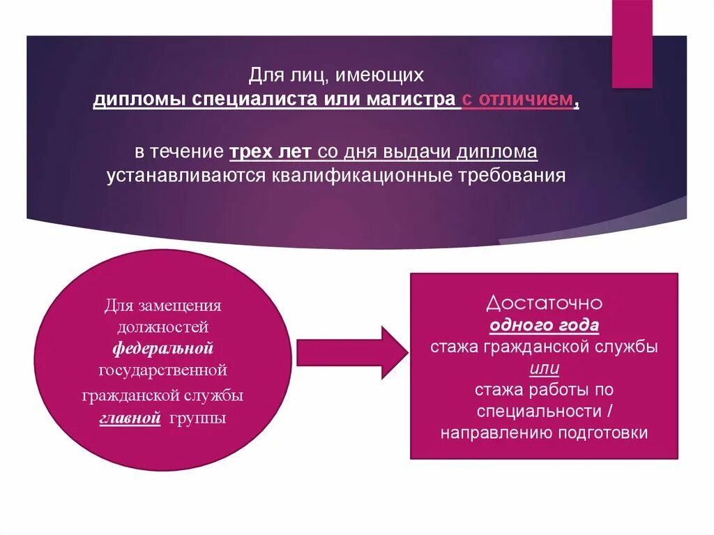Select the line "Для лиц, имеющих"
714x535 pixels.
tap(336, 73)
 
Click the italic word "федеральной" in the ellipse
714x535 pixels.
tap(162, 347)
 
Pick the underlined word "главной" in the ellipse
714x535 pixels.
tap(130, 419)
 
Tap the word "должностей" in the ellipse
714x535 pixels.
tap(162, 326)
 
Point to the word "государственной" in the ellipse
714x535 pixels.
tap(162, 369)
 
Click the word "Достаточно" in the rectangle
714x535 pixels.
tap(544, 303)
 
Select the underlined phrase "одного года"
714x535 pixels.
tap(544, 325)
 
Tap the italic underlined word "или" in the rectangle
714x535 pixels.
tap(544, 368)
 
